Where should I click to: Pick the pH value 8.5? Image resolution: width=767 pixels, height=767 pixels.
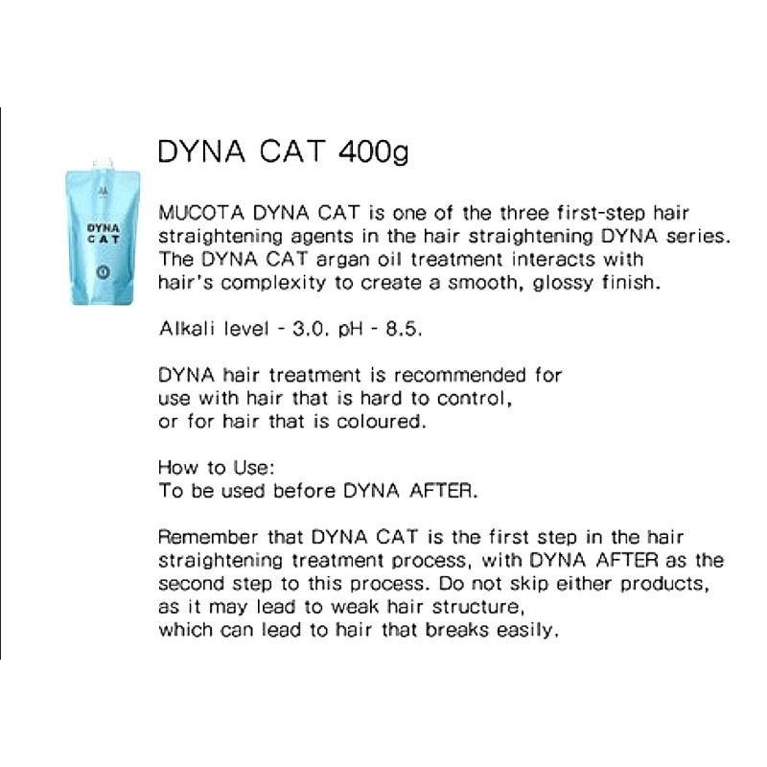pos(403,329)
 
